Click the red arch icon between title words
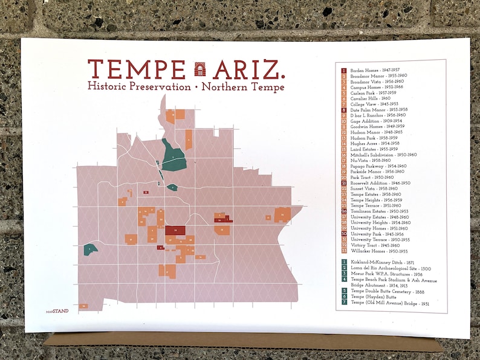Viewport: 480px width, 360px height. coord(199,69)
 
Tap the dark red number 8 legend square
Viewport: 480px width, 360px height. coord(343,109)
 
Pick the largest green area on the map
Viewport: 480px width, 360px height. coord(174,156)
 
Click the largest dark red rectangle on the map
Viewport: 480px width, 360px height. coord(175,231)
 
